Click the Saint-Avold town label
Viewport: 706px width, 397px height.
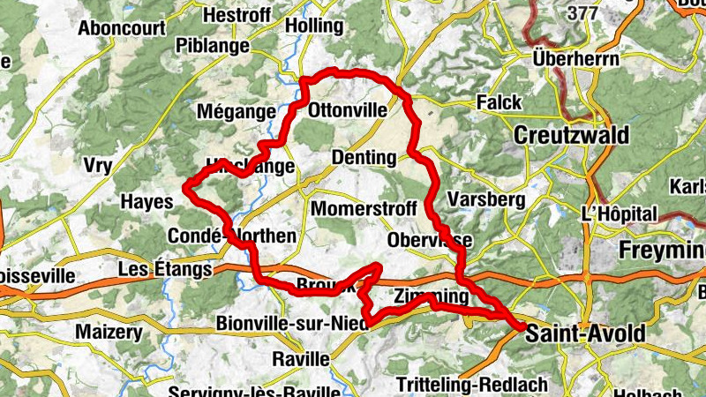[x=585, y=334]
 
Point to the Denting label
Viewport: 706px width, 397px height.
[x=364, y=158]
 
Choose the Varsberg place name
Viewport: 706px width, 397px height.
[x=486, y=198]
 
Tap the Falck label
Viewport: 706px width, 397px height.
[x=499, y=103]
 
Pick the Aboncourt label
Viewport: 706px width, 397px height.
[x=122, y=27]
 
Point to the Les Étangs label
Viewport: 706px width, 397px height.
[x=166, y=268]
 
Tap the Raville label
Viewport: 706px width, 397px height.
[x=301, y=359]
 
